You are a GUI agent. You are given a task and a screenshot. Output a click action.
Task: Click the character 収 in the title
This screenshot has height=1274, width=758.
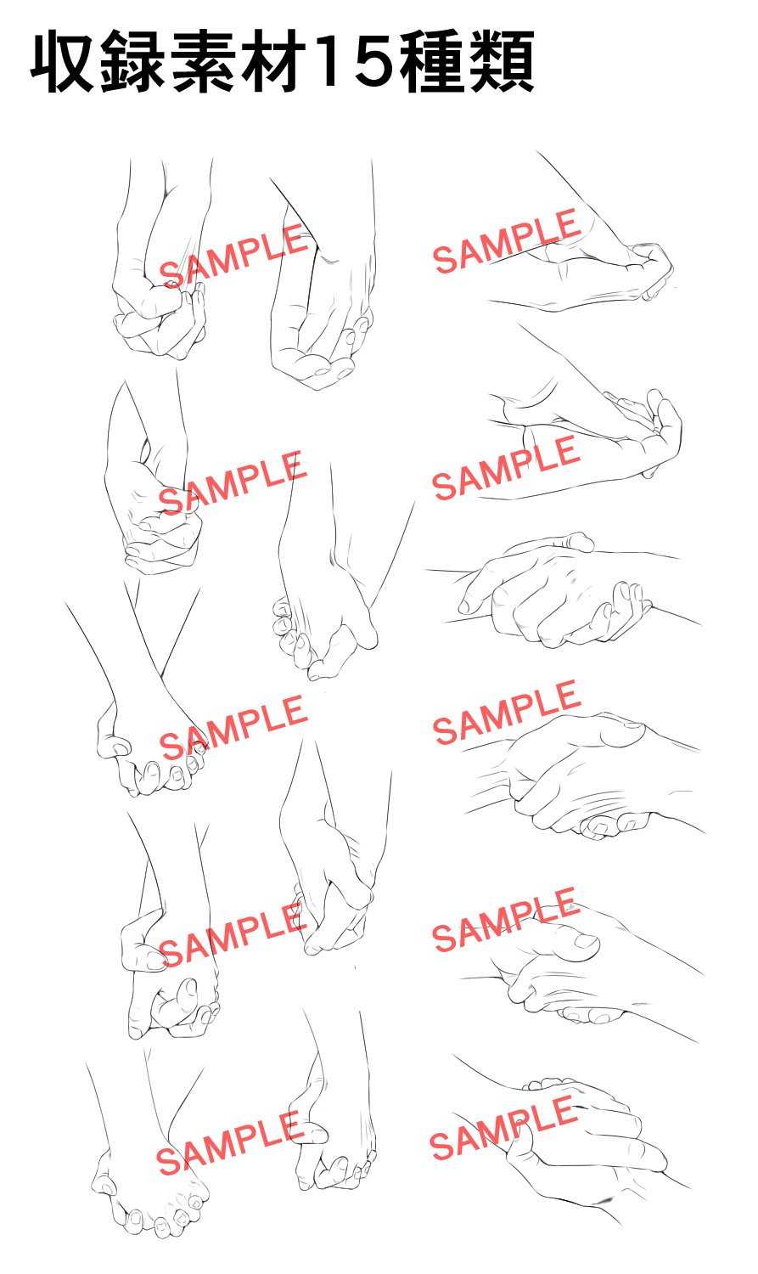(x=63, y=63)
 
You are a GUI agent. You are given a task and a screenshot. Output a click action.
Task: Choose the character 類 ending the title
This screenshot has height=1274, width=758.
(x=501, y=63)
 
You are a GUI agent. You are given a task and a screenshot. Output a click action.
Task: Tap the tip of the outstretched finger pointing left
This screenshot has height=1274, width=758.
(x=464, y=606)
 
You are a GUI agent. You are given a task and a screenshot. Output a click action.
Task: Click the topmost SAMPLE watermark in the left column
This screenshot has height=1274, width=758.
(x=233, y=256)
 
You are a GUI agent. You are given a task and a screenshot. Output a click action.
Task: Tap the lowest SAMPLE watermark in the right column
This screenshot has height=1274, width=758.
(x=503, y=1128)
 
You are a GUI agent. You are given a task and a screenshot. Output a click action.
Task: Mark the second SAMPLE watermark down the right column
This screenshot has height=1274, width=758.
(x=506, y=468)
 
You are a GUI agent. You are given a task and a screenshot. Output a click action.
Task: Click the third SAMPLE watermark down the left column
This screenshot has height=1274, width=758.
(x=233, y=727)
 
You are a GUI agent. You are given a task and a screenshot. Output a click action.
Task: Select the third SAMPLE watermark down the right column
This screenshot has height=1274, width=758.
(x=507, y=712)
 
